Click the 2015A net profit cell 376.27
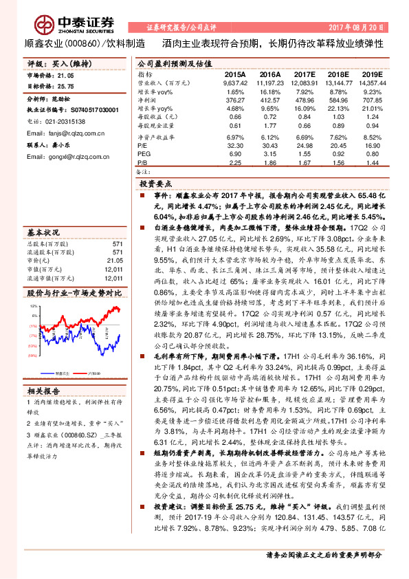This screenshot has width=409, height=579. [x=235, y=100]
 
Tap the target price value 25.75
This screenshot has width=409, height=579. [x=65, y=87]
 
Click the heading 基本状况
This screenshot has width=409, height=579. [x=44, y=232]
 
